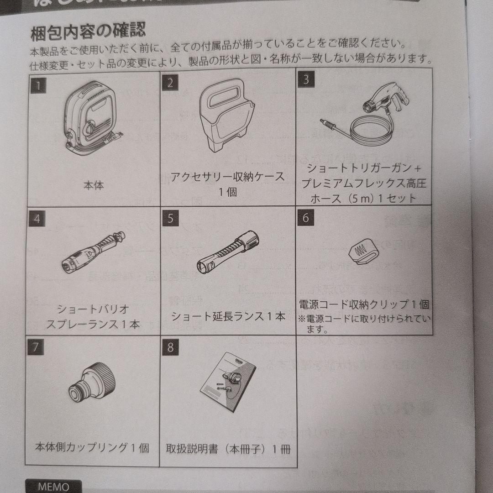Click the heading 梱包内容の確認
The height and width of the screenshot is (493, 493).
pyautogui.click(x=88, y=32)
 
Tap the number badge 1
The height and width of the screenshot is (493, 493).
pyautogui.click(x=38, y=85)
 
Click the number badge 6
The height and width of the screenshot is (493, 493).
pyautogui.click(x=305, y=217)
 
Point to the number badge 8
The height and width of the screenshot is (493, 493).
pyautogui.click(x=170, y=347)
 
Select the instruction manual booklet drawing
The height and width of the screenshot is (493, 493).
pyautogui.click(x=227, y=383)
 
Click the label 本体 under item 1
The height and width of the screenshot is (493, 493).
pyautogui.click(x=93, y=186)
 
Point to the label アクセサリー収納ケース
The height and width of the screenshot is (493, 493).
pyautogui.click(x=227, y=177)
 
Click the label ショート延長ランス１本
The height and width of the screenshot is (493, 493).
pyautogui.click(x=228, y=316)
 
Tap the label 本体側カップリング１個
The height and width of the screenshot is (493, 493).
pyautogui.click(x=92, y=448)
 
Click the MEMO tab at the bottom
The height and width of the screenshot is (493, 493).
pyautogui.click(x=53, y=486)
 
